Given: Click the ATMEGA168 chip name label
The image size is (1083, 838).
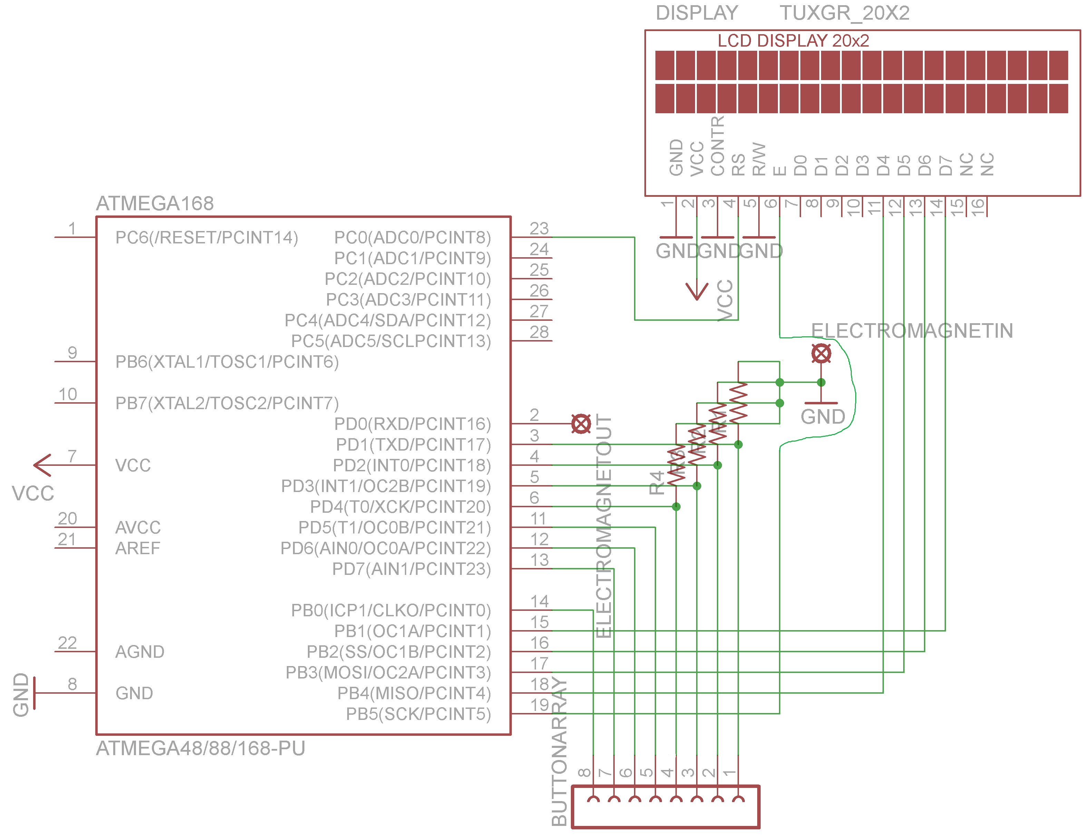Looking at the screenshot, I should coord(155,203).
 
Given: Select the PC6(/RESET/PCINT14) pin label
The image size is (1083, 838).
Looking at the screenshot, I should coord(206,238).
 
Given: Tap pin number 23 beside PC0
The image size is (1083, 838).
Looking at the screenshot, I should coord(539,228).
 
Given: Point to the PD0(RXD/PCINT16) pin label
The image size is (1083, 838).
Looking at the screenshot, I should coord(412,424).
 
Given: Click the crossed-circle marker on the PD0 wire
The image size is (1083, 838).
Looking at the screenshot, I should coord(581,424).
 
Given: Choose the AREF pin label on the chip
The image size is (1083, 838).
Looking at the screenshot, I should coord(138,548).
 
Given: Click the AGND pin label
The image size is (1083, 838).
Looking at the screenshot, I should coord(139,652).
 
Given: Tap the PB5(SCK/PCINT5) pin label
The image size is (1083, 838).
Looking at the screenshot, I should coord(418,714).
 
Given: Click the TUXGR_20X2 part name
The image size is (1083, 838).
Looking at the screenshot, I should coord(845,13).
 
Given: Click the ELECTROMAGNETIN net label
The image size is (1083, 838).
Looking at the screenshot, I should coord(911,331).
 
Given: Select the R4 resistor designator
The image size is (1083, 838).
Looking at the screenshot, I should coord(656,483).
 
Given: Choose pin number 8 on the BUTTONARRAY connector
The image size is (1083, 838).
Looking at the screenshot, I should coord(584,772).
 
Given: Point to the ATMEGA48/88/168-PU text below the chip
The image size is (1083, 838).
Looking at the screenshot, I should coord(200,748).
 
